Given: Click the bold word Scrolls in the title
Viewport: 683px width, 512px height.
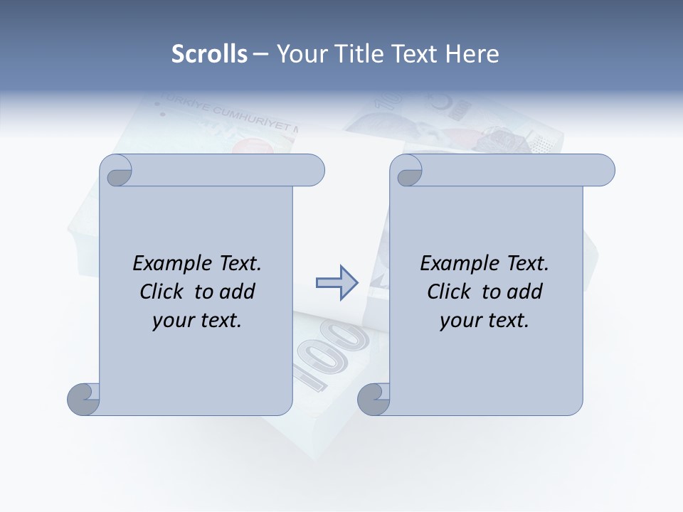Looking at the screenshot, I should (209, 54).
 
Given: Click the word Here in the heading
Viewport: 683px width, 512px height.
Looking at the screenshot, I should (472, 54).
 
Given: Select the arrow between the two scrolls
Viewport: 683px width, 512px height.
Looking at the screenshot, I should (337, 282).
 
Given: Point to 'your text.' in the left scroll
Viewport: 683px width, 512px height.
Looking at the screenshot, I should (196, 320).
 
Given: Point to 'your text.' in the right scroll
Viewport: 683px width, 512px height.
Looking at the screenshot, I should (484, 320).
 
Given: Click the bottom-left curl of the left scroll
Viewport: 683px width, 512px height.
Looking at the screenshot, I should (83, 399).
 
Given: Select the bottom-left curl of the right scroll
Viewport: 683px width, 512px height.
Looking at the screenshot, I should (374, 399).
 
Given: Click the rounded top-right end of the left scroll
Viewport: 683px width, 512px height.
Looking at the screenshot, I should (313, 171).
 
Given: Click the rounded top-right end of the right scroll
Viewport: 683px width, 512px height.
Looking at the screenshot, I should (603, 171).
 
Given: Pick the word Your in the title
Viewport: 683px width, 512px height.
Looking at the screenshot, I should (300, 54).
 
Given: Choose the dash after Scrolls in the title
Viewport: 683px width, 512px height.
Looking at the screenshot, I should (260, 54).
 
